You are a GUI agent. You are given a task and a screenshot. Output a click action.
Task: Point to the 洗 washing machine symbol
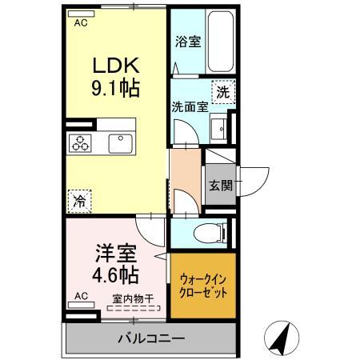223,91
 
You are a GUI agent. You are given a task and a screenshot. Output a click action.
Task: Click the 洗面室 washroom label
189,106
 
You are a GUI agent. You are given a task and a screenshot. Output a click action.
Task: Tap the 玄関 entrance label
221,186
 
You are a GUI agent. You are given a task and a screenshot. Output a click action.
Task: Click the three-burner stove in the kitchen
81,143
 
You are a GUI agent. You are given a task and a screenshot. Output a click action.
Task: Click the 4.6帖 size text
114,277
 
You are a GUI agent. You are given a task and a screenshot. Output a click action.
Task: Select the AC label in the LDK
80,23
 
